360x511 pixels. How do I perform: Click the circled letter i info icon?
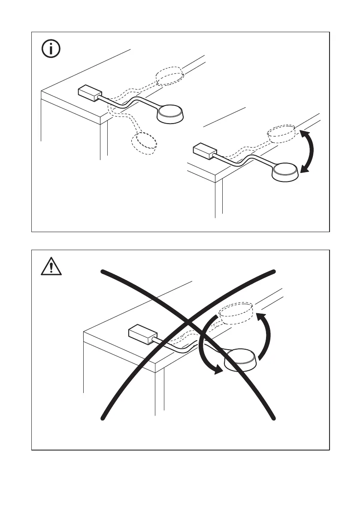51,49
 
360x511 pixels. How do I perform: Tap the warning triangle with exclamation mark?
51,267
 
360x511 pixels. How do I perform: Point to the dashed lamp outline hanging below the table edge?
144,143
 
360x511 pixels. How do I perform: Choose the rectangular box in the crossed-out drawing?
141,334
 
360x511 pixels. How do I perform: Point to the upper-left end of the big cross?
103,271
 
